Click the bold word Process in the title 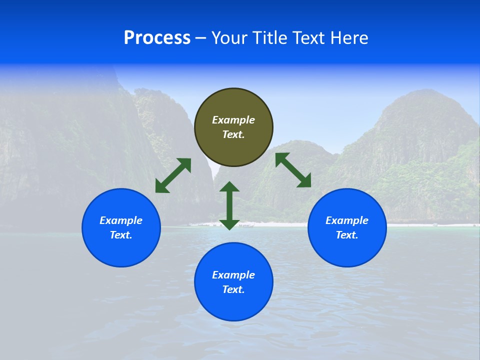tap(157, 38)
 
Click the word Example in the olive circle tap(233, 120)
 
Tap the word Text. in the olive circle tap(233, 134)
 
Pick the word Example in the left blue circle tap(121, 220)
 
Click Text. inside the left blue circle tap(121, 235)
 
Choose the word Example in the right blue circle tap(347, 220)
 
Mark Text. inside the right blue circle tap(347, 235)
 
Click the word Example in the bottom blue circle tap(233, 275)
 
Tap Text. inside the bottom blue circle tap(233, 289)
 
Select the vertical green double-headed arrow tap(229, 205)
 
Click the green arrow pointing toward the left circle tap(173, 175)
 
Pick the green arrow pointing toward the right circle tap(293, 170)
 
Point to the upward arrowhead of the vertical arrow tap(229, 187)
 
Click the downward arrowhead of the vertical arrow tap(229, 224)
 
